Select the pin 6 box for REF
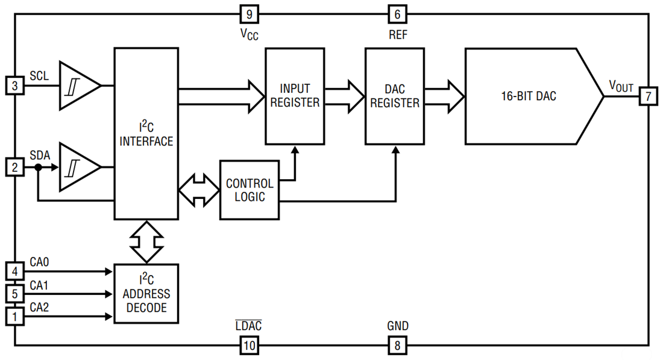[397, 14]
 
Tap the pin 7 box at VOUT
[648, 96]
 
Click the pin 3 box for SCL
[15, 86]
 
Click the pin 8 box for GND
[397, 345]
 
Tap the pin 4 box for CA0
[15, 271]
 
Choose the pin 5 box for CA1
[15, 294]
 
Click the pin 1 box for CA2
[15, 315]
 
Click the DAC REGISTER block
[394, 96]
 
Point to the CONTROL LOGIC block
[250, 190]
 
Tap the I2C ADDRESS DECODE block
[146, 294]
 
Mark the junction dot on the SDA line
[38, 168]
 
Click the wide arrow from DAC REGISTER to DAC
[444, 96]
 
